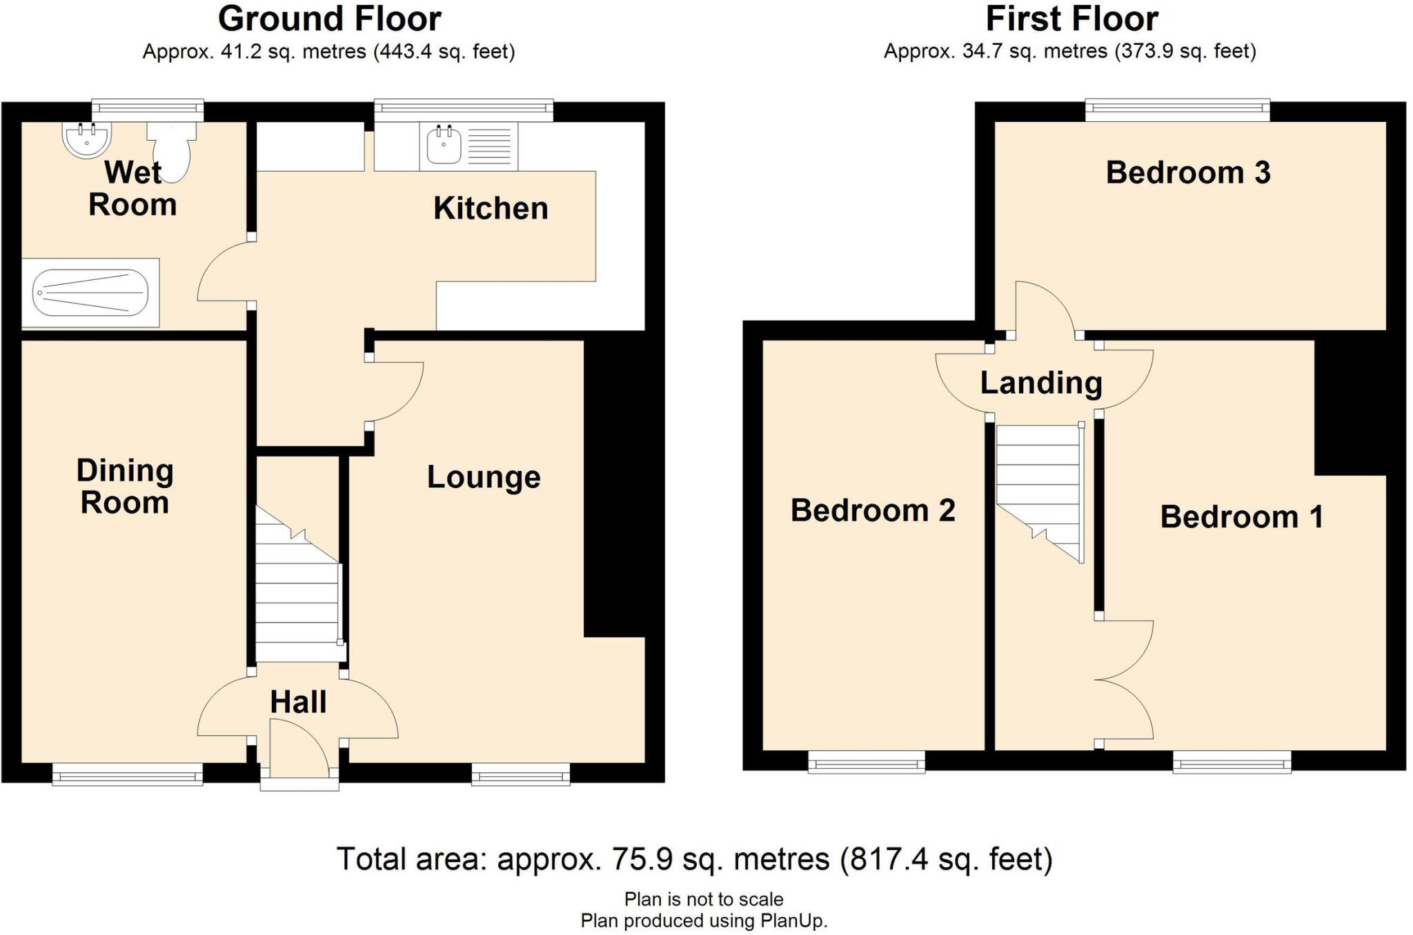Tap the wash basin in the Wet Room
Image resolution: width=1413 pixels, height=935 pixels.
(x=86, y=140)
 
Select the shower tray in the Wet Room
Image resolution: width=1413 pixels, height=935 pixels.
(x=90, y=293)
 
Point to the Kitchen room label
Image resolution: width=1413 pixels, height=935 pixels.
(x=491, y=208)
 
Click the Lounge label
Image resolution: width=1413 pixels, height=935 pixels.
(x=484, y=477)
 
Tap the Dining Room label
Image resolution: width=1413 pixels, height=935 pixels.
(x=125, y=487)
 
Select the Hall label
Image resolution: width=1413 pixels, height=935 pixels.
(x=298, y=702)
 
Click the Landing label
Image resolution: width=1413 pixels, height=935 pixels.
(x=1041, y=383)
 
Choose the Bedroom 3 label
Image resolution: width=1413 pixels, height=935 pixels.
(x=1188, y=172)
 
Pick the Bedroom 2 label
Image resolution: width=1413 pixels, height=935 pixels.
(x=873, y=510)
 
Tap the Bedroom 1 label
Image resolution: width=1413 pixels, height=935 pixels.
(x=1242, y=517)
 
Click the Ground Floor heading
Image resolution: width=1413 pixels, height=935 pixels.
(x=330, y=19)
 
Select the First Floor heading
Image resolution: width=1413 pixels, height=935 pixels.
(x=1071, y=19)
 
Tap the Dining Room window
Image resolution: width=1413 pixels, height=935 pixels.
(x=128, y=774)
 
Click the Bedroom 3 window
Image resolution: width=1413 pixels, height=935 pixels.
(x=1177, y=110)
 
